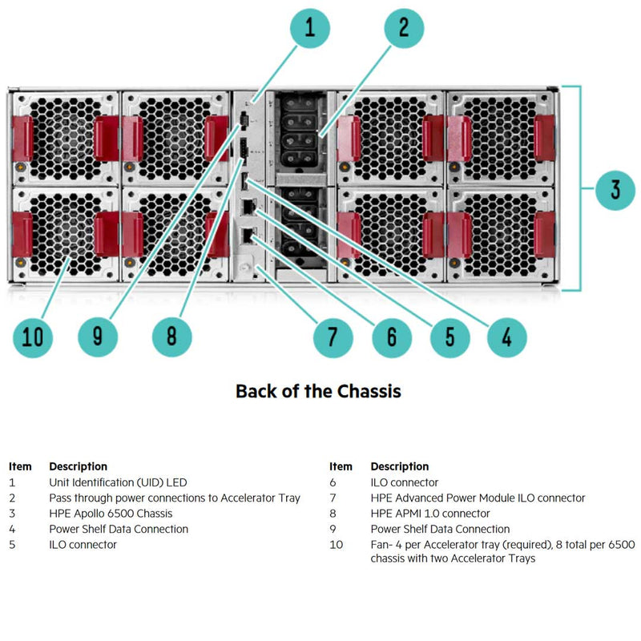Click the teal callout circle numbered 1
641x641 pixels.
(308, 29)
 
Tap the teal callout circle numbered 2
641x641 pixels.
(405, 29)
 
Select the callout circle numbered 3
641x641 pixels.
(615, 189)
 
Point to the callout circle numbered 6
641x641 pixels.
(391, 337)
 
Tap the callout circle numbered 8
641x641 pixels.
(172, 337)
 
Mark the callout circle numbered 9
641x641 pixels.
(98, 337)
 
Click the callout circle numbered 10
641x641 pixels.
(33, 337)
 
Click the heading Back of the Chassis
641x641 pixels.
(318, 391)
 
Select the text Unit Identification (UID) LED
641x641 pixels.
(118, 482)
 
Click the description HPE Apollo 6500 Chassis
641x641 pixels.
(111, 514)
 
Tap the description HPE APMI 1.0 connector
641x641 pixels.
(430, 514)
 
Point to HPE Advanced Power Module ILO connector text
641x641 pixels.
(478, 498)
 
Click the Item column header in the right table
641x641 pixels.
(341, 466)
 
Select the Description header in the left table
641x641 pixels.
(78, 466)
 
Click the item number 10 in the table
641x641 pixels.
(337, 545)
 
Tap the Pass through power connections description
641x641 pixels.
(175, 498)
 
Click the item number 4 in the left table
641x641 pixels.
(12, 529)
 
